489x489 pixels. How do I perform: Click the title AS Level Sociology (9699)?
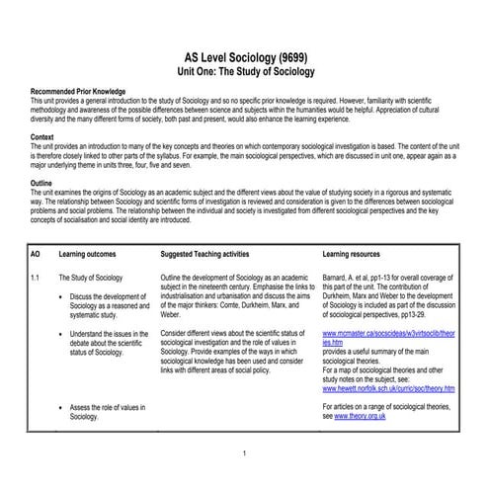pos(243,58)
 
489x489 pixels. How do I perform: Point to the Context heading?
pos(44,135)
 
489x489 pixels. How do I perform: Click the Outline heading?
pos(43,184)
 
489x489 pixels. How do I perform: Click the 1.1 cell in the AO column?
pos(37,280)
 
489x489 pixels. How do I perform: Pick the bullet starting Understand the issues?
pos(109,343)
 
